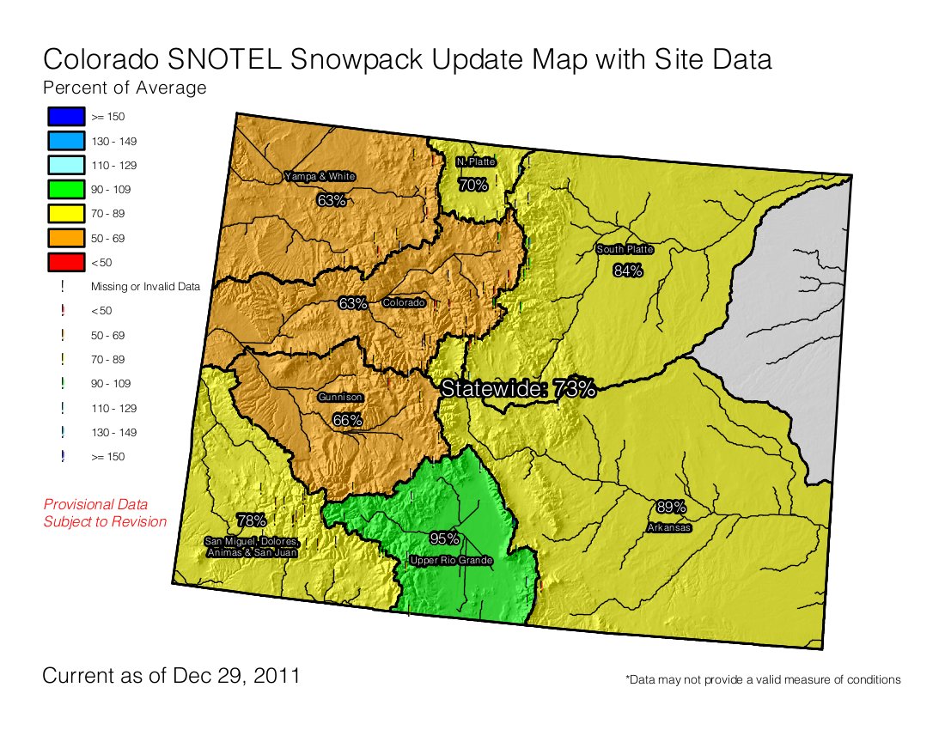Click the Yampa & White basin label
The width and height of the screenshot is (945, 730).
pyautogui.click(x=320, y=177)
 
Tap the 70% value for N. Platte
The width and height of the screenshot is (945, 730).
pyautogui.click(x=472, y=185)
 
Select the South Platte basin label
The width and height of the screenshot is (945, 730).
pyautogui.click(x=625, y=250)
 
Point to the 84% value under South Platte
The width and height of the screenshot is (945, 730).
pyautogui.click(x=628, y=271)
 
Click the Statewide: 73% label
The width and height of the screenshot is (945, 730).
pyautogui.click(x=518, y=388)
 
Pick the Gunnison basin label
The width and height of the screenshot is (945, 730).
pyautogui.click(x=340, y=398)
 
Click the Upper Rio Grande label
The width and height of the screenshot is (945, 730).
pyautogui.click(x=451, y=561)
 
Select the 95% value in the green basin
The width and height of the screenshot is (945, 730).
pyautogui.click(x=444, y=538)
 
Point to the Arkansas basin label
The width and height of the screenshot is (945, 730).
pyautogui.click(x=668, y=528)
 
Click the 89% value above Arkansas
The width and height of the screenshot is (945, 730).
pyautogui.click(x=670, y=507)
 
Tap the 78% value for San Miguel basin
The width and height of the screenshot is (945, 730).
pyautogui.click(x=251, y=520)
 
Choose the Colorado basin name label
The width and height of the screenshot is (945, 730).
pyautogui.click(x=404, y=303)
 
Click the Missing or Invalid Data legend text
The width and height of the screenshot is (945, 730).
pyautogui.click(x=145, y=287)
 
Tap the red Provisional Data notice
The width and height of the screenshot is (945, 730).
pyautogui.click(x=105, y=513)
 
